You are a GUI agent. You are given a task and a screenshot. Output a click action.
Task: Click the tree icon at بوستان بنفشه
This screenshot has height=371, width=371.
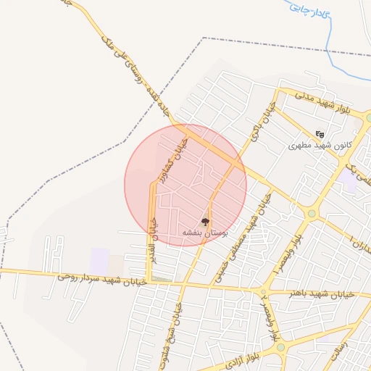205,222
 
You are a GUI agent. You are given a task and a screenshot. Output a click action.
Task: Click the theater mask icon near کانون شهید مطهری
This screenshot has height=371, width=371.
320,133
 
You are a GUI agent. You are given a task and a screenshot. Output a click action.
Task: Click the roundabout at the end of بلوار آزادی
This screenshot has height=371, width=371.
279,349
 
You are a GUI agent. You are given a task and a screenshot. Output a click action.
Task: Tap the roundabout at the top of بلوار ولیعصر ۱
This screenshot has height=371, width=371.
312,213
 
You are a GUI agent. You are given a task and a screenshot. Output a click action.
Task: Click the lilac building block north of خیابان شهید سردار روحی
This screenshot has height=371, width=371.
100,259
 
